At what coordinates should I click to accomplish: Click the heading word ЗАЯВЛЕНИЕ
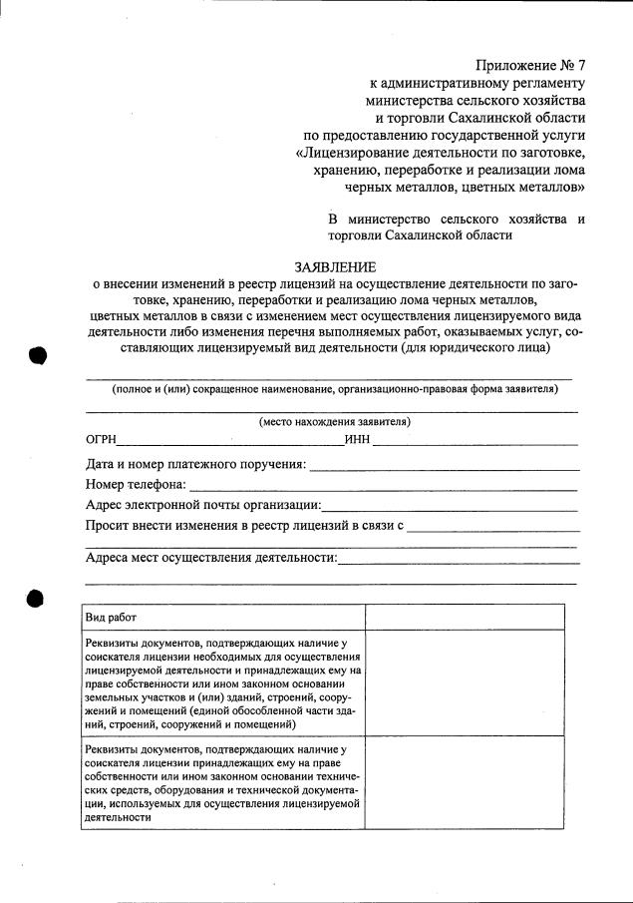pos(335,267)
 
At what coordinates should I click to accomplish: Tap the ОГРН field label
pos(102,439)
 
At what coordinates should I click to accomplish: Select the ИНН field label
pos(358,439)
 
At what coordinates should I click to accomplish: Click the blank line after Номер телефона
pos(383,487)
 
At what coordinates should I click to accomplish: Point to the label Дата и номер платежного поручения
pos(195,464)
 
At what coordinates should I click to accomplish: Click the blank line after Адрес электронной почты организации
pos(450,507)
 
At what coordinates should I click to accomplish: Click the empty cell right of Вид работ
pos(471,618)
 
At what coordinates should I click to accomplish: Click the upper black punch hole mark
pos(38,356)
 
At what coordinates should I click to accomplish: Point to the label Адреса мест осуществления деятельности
pos(211,558)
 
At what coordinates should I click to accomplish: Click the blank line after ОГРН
pos(231,441)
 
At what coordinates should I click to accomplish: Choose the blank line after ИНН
pos(476,441)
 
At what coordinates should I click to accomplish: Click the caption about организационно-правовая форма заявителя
pos(335,388)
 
